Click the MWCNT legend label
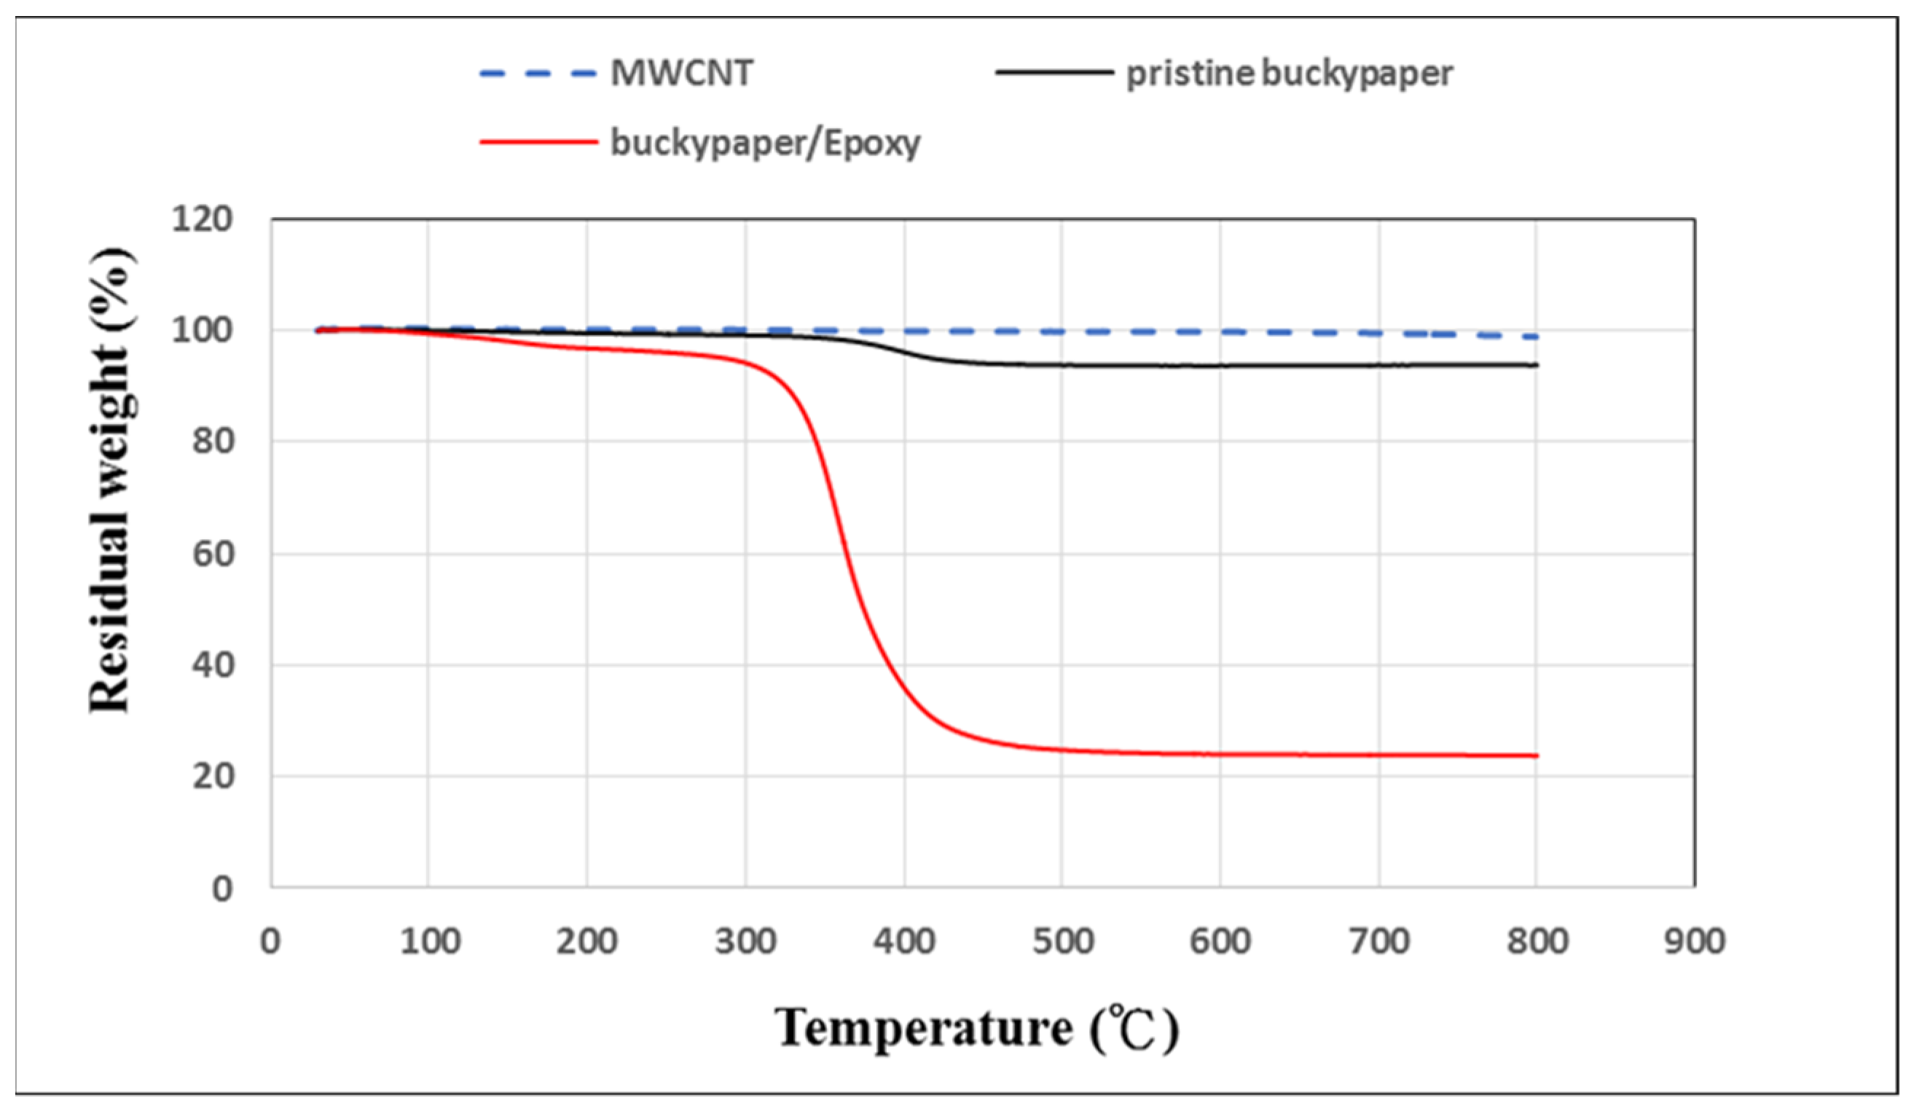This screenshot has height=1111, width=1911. [x=681, y=74]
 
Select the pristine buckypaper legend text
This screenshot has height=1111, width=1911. [x=1289, y=74]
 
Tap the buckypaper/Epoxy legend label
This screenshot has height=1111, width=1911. [x=765, y=143]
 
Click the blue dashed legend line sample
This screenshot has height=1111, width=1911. [x=538, y=74]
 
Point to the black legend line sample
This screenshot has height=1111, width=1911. [x=1054, y=73]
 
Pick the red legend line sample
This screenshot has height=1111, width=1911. [x=538, y=142]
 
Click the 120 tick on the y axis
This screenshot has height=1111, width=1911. [x=202, y=220]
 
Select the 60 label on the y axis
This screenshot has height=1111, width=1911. [x=212, y=554]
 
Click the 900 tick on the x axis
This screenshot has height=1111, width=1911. [x=1694, y=942]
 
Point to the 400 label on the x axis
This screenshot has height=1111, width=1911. [x=904, y=942]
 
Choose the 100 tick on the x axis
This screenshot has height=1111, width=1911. [x=429, y=942]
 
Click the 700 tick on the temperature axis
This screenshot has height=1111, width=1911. [x=1379, y=942]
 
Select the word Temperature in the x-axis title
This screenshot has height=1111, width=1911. [x=924, y=1029]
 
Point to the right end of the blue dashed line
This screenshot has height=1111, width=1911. [x=1536, y=337]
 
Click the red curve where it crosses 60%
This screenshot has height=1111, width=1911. [x=843, y=554]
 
